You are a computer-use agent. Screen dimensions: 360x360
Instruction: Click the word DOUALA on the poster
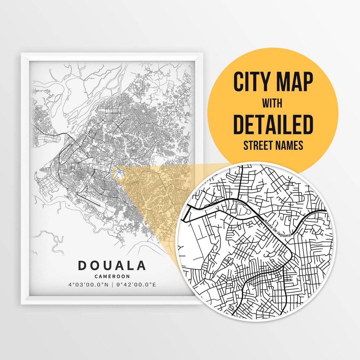tap(112, 266)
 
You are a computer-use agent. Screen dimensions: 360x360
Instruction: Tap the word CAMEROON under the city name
tap(112, 276)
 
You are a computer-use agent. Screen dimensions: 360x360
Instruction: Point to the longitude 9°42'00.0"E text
tap(136, 285)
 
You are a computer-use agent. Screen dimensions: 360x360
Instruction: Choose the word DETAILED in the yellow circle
tap(273, 124)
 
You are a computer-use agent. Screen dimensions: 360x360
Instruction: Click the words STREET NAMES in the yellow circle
tap(273, 146)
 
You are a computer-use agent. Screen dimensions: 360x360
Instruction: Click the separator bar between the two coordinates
tap(112, 285)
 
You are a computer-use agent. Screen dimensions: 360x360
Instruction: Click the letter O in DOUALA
tap(95, 266)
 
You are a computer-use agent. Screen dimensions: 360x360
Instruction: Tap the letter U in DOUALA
tap(107, 266)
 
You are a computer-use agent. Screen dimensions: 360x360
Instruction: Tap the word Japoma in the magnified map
tap(284, 232)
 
